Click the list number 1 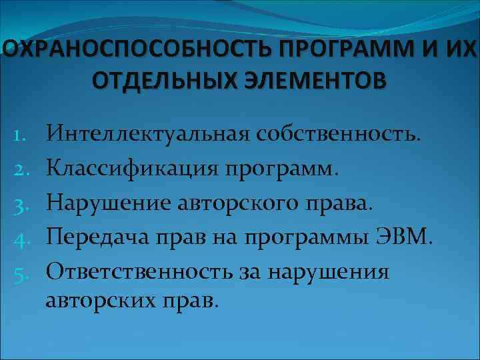click(x=20, y=137)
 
